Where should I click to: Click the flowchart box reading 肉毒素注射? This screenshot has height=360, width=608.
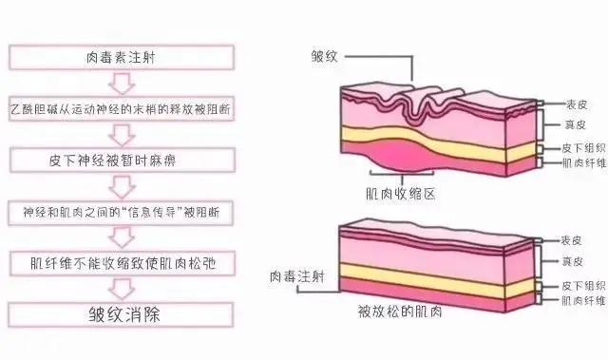pos(123,56)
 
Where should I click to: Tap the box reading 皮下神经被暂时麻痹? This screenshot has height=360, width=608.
pos(123,158)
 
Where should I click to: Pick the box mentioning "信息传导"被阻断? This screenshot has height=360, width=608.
pos(123,211)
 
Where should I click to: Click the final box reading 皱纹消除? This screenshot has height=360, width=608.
pos(123,313)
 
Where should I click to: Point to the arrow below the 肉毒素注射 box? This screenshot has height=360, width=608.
pos(123,82)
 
